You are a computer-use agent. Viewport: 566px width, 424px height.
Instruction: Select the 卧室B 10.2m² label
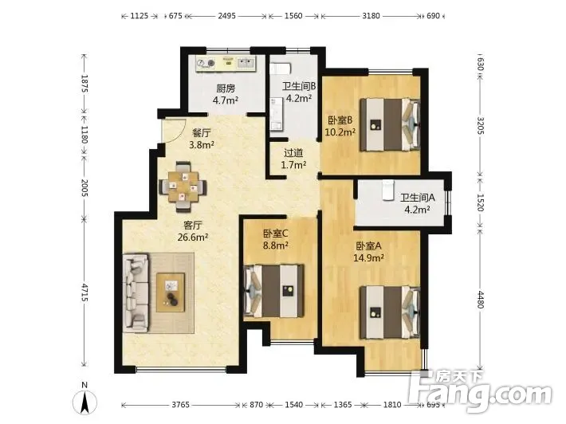pos(340,126)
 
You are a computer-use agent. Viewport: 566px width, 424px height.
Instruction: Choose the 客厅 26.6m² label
pos(193,231)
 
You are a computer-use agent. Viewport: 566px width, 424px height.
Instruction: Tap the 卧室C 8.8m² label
pos(275,240)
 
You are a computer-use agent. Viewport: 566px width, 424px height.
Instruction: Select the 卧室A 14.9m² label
pos(368,252)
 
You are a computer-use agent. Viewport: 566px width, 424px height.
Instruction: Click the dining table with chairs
pos(183,187)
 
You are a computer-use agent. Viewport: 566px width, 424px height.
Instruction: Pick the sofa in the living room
pos(136,293)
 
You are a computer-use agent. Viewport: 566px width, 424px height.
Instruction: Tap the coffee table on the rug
pos(171,292)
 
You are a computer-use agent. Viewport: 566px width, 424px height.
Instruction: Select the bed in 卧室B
pos(390,124)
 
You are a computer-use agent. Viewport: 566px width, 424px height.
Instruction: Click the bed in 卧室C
pos(274,291)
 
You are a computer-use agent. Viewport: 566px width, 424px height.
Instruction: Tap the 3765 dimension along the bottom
pos(180,405)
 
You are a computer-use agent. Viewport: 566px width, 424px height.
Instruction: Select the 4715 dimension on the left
pos(85,292)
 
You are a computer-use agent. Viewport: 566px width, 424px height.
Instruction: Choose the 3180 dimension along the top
pos(371,15)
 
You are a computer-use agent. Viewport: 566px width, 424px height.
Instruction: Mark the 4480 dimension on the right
pos(480,300)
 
